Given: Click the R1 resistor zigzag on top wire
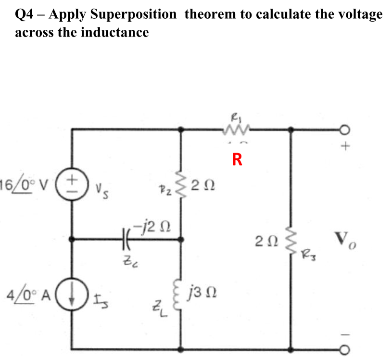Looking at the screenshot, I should pyautogui.click(x=235, y=129).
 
